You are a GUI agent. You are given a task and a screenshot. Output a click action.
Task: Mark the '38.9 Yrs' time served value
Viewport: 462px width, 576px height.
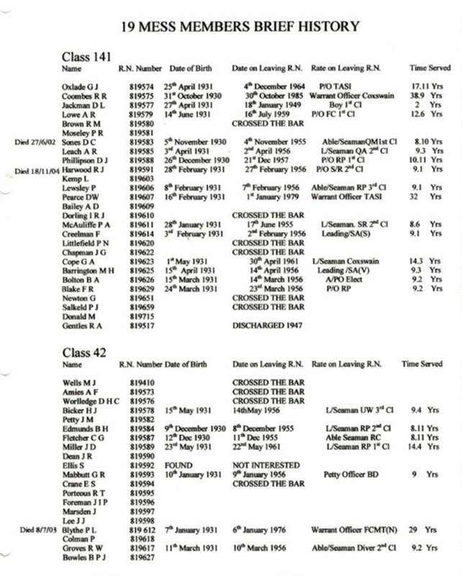click(428, 94)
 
